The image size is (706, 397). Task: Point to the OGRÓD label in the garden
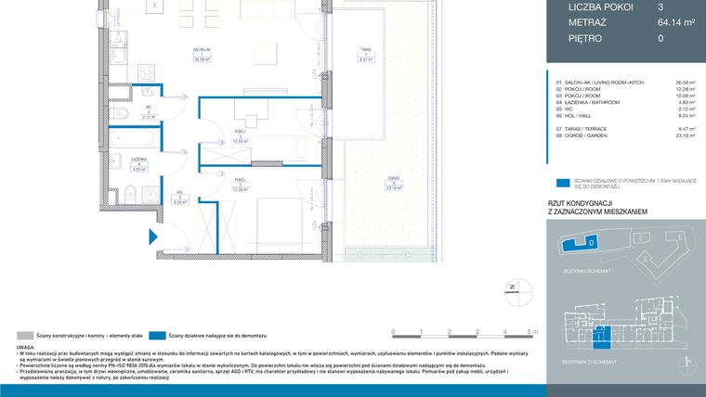(394, 182)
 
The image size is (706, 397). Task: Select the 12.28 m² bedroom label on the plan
(240, 186)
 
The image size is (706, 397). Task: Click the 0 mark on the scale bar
(394, 330)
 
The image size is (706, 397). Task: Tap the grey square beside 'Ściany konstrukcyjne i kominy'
(22, 334)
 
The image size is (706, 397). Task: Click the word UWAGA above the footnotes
(26, 347)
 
